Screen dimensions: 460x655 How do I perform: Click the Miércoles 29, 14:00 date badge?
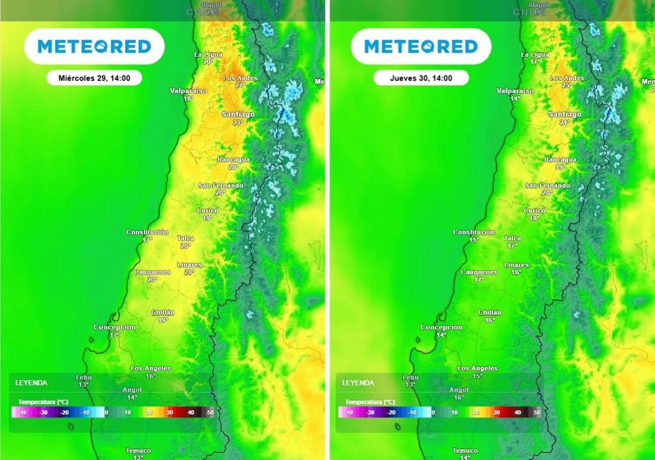click(94, 78)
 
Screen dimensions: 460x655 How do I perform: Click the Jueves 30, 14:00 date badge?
click(421, 78)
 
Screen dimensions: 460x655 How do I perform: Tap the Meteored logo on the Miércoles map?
click(94, 46)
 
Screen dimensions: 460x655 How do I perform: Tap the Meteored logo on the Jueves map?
click(421, 46)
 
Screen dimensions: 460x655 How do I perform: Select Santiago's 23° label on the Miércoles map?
click(238, 118)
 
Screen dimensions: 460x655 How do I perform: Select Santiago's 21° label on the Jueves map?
click(565, 118)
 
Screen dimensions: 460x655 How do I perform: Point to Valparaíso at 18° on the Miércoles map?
click(189, 95)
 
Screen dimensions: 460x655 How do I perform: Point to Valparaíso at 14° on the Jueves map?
click(516, 95)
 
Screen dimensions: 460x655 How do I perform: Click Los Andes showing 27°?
click(241, 81)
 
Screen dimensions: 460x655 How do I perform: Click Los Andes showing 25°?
click(567, 81)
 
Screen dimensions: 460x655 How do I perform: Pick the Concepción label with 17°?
click(114, 330)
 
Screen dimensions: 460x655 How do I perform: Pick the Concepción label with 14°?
click(441, 330)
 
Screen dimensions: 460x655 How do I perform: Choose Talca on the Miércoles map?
click(185, 241)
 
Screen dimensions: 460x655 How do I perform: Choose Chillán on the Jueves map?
click(490, 316)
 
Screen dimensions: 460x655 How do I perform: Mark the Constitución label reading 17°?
click(147, 235)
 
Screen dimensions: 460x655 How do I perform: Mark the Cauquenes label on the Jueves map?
click(479, 275)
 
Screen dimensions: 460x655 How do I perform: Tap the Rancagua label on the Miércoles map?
click(233, 163)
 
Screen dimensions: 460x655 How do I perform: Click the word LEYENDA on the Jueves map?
click(358, 383)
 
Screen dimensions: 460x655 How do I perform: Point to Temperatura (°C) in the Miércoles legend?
click(43, 401)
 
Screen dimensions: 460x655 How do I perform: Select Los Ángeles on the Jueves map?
click(478, 372)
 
